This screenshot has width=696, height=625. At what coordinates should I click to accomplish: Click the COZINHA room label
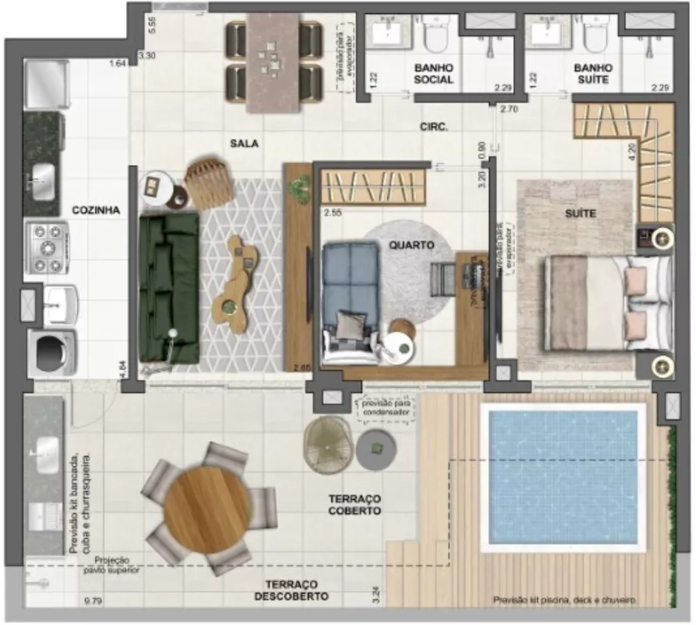pyautogui.click(x=96, y=210)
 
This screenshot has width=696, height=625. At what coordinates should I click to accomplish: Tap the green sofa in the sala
pyautogui.click(x=168, y=286)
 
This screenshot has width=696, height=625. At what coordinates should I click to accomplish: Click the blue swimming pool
pyautogui.click(x=563, y=476)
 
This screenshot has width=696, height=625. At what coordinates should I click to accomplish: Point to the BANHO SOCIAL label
pyautogui.click(x=434, y=74)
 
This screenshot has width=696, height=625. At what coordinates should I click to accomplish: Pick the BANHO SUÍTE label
pyautogui.click(x=593, y=74)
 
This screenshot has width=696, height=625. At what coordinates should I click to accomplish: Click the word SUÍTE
pyautogui.click(x=580, y=213)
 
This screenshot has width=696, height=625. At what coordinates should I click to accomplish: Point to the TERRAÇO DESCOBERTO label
pyautogui.click(x=291, y=591)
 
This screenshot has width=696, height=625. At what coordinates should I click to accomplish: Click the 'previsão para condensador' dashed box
pyautogui.click(x=386, y=409)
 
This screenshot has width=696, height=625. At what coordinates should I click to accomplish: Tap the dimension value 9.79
pyautogui.click(x=92, y=600)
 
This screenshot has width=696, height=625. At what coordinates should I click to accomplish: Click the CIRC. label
pyautogui.click(x=434, y=127)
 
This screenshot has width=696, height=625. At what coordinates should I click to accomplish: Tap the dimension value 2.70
pyautogui.click(x=509, y=109)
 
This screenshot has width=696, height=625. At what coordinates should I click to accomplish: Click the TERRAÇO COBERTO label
pyautogui.click(x=355, y=505)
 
